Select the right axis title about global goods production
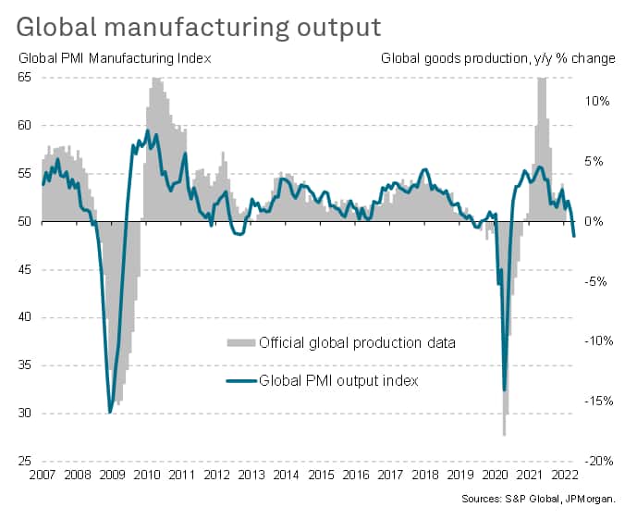pos(498,58)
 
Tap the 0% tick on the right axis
pos(599,221)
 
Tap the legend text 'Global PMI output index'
pos(339,379)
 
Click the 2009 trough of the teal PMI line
pos(110,412)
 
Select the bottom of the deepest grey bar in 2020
pos(505,435)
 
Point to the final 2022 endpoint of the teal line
pos(575,237)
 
